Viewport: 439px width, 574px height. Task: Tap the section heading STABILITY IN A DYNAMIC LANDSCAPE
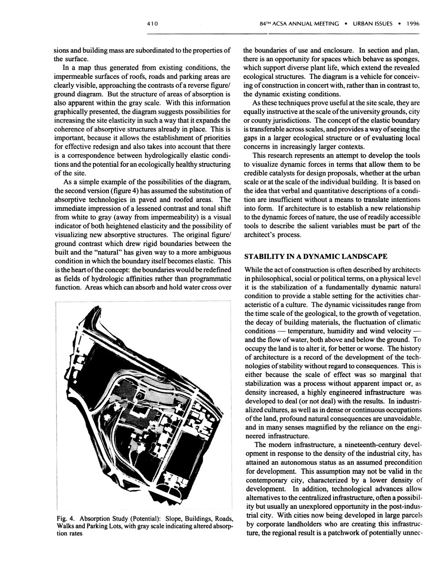click(x=316, y=257)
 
